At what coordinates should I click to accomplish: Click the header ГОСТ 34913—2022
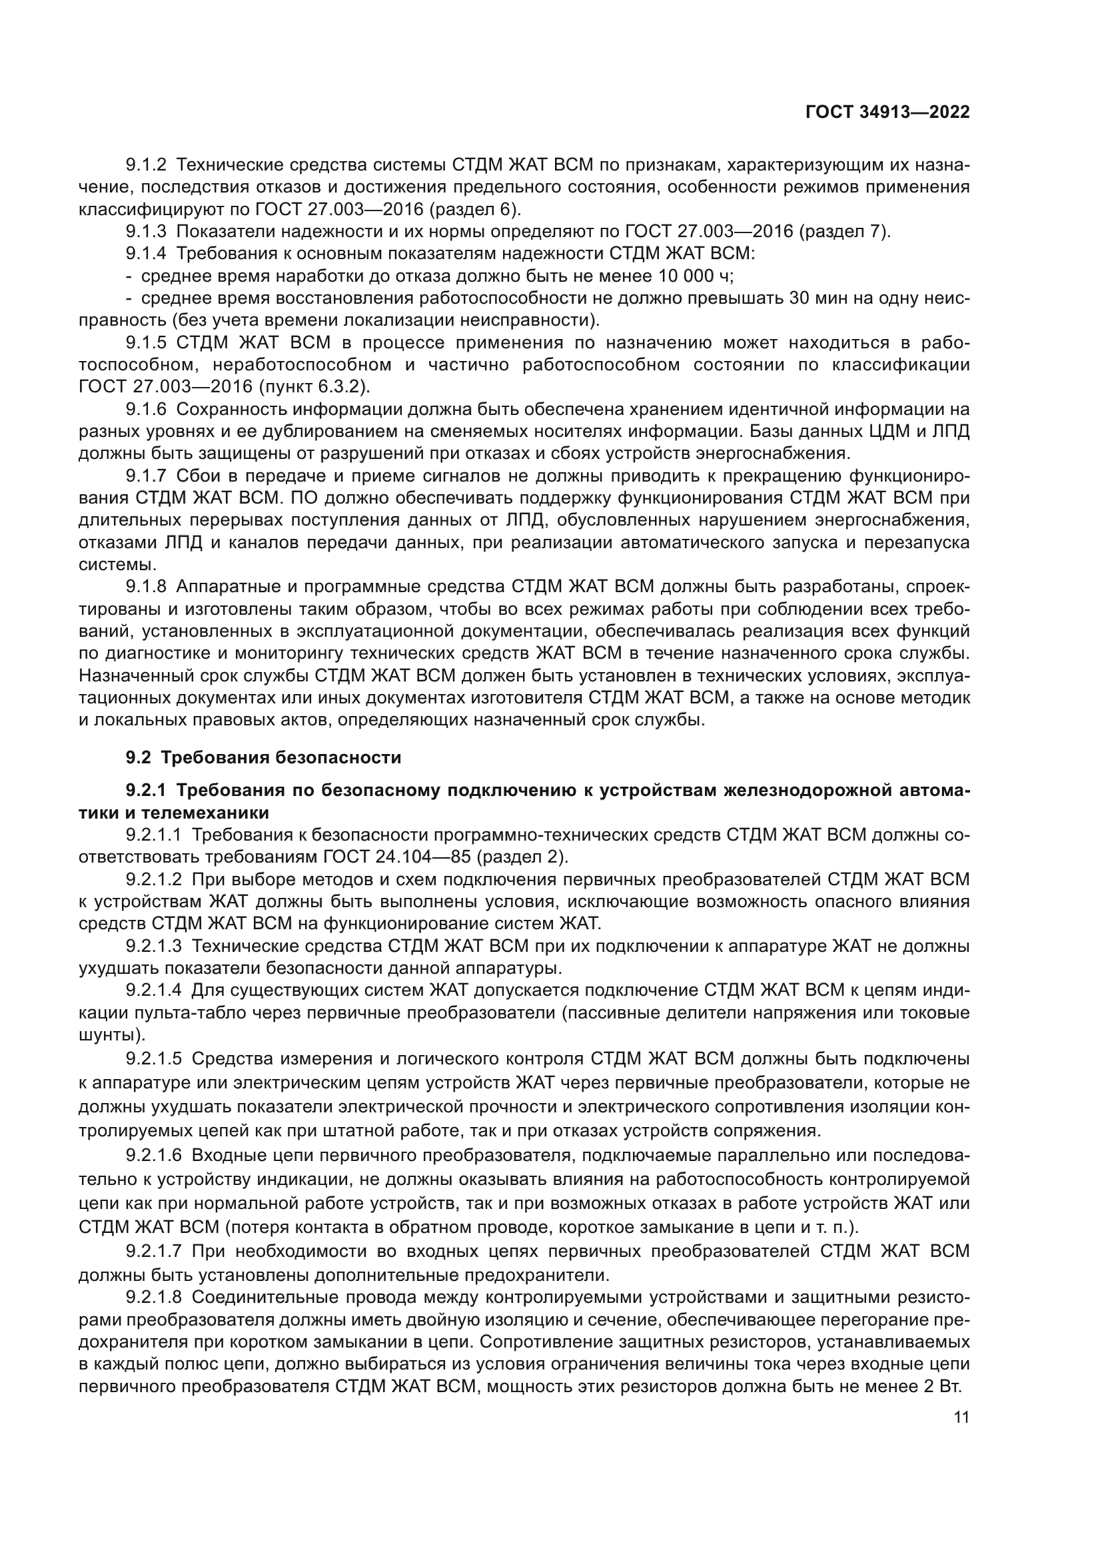[x=887, y=113]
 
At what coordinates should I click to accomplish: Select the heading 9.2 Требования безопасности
[x=263, y=757]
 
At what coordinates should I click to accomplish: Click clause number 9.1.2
[x=146, y=165]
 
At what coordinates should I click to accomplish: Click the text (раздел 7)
[x=844, y=232]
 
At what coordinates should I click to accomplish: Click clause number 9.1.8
[x=146, y=587]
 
